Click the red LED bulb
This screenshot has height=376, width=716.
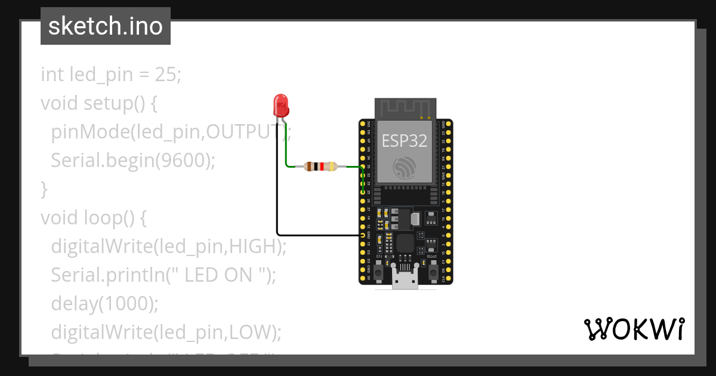(280, 106)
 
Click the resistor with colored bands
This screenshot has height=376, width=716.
(320, 167)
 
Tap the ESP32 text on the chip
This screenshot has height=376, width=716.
(405, 141)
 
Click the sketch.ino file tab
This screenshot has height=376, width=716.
(106, 26)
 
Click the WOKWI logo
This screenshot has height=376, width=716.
(634, 329)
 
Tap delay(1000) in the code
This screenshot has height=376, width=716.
(104, 303)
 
